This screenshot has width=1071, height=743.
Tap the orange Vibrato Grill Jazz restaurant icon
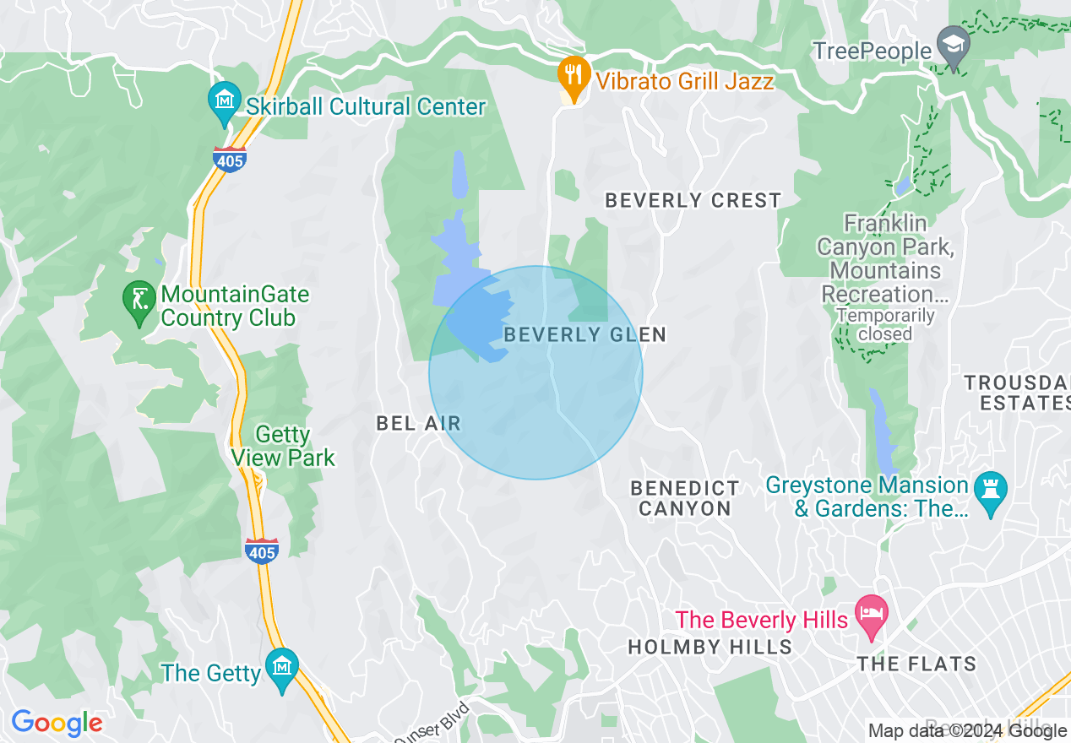[574, 74]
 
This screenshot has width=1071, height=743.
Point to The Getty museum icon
[281, 667]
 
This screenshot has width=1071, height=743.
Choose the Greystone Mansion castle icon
[990, 491]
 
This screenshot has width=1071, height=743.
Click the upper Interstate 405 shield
[230, 159]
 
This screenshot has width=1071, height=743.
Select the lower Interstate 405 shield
[262, 550]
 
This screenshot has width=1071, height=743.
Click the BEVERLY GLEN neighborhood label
[584, 335]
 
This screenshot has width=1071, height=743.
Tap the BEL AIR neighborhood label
[419, 423]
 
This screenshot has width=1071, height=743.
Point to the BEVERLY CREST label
[693, 201]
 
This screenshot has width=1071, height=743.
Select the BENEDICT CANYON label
[685, 498]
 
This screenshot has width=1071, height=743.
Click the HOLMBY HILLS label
[709, 648]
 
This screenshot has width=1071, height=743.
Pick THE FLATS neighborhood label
[916, 664]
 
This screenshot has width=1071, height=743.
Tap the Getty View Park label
[284, 447]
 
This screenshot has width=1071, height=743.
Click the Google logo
[57, 723]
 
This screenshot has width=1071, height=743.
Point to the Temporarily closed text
[885, 325]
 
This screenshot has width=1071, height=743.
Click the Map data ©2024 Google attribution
[966, 731]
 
